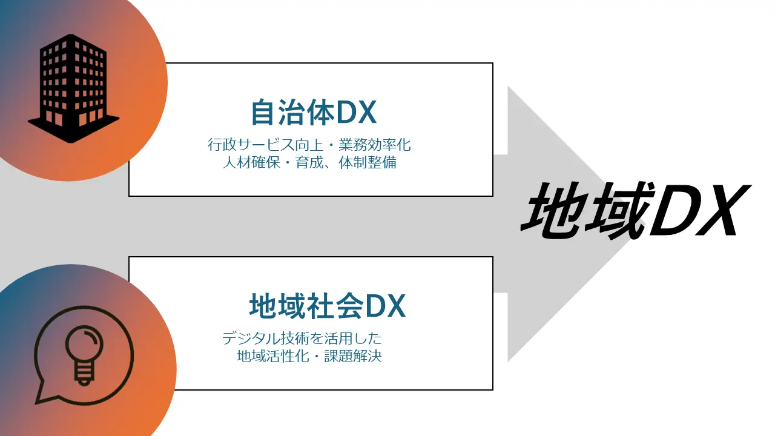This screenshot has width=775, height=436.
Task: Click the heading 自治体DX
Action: click(x=314, y=113)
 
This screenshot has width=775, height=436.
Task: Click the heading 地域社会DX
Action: click(x=327, y=306)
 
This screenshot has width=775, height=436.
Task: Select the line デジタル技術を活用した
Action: click(x=302, y=338)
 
